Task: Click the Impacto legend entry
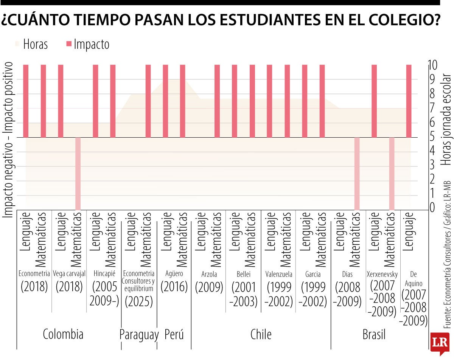tap(91, 44)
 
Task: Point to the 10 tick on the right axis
tap(432, 65)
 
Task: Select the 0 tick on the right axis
tap(432, 208)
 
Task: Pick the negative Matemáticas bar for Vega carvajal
tap(78, 173)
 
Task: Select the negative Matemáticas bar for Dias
tap(356, 173)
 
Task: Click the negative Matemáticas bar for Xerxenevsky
tap(392, 173)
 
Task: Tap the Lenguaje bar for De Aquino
tap(409, 101)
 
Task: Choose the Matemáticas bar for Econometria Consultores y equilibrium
tap(148, 101)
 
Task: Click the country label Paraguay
tap(139, 335)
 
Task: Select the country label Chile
tap(261, 334)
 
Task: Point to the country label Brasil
tap(374, 335)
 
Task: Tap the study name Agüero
tap(174, 274)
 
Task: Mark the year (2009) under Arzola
tap(209, 287)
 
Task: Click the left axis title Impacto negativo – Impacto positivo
tap(8, 140)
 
